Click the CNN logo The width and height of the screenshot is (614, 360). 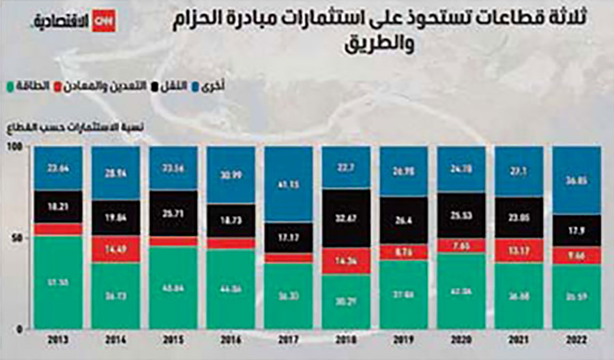pos(104,21)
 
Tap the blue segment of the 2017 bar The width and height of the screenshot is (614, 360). pos(288,183)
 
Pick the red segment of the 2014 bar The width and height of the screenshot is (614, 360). pos(114,250)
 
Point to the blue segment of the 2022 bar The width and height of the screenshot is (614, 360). pos(576,181)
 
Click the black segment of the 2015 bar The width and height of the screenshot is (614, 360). pos(173,213)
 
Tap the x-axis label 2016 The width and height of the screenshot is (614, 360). pos(230,339)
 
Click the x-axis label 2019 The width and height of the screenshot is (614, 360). pos(403,339)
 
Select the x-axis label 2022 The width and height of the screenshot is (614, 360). pos(576,339)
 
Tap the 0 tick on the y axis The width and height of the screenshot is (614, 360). pos(21,329)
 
